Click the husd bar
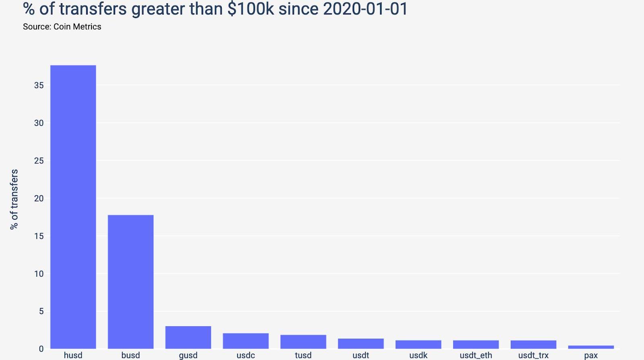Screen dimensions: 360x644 [73, 207]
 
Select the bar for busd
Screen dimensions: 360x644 [130, 282]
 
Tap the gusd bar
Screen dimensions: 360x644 [188, 337]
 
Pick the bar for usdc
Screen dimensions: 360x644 [246, 341]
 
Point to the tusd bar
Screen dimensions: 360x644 [303, 342]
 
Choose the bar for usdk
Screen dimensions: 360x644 [418, 345]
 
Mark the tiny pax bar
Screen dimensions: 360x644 [591, 347]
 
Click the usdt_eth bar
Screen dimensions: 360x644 [476, 345]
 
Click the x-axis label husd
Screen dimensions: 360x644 [73, 355]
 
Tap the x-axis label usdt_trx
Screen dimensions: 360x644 [533, 355]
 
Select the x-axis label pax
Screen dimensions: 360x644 [591, 356]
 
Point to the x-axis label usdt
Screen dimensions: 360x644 [361, 355]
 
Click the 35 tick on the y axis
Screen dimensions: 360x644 [39, 85]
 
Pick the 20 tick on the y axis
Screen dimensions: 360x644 [39, 198]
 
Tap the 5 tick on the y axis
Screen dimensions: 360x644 [41, 311]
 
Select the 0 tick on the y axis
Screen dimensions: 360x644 [41, 349]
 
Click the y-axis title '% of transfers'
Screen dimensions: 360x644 [14, 199]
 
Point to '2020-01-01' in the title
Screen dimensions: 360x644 [365, 9]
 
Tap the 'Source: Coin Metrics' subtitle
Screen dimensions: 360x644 [62, 27]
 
